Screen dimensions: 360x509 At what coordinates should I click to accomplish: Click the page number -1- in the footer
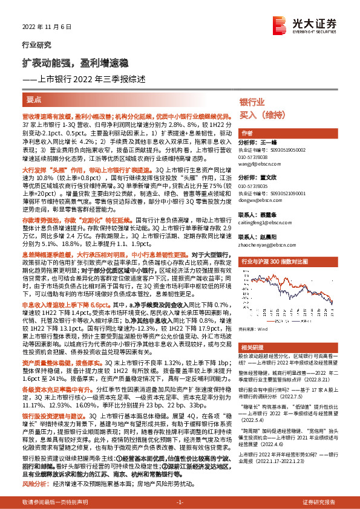click(180, 502)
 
